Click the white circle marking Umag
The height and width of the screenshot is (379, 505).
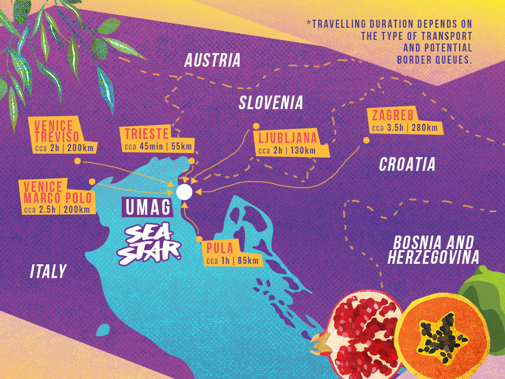184,192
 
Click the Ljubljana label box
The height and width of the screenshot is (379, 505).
292,144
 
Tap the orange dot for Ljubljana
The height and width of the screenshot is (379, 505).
256,126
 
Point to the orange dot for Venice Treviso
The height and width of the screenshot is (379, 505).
77,161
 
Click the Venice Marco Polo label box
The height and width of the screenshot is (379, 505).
57,197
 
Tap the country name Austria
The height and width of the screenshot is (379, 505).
212,61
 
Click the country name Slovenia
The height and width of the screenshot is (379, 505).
271,103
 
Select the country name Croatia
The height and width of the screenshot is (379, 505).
407,164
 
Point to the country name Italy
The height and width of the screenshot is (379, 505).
48,271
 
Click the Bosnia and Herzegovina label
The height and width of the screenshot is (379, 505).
433,250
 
